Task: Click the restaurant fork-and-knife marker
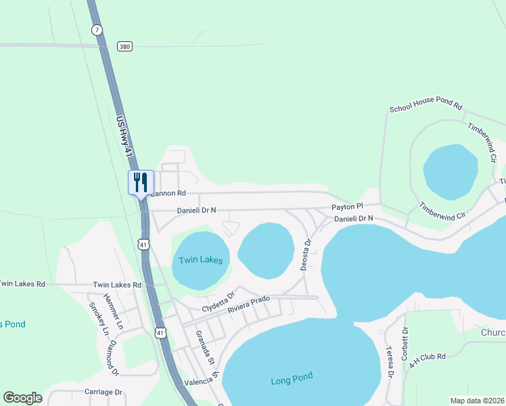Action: click(x=141, y=182)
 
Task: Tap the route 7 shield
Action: click(x=98, y=30)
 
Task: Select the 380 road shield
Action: click(x=124, y=46)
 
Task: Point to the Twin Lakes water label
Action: click(x=201, y=260)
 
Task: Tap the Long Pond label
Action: click(x=292, y=380)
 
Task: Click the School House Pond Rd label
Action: click(x=425, y=108)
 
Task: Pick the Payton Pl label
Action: click(x=347, y=206)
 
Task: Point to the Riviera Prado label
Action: click(x=248, y=305)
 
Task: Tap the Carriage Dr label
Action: click(x=103, y=392)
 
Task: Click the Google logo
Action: click(x=22, y=398)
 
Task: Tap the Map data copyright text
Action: click(x=476, y=401)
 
